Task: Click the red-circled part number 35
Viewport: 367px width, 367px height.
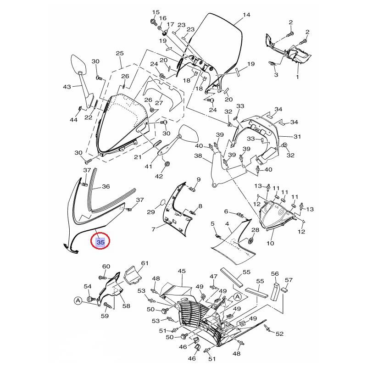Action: (x=100, y=242)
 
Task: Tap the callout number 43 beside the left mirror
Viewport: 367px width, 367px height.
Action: (x=67, y=87)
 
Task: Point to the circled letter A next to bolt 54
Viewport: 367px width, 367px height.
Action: (x=78, y=301)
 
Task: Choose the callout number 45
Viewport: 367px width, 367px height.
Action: (x=182, y=271)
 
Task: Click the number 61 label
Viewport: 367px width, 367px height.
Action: (x=145, y=263)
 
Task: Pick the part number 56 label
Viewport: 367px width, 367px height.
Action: (x=275, y=273)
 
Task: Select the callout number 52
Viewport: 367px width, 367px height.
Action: (x=279, y=334)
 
